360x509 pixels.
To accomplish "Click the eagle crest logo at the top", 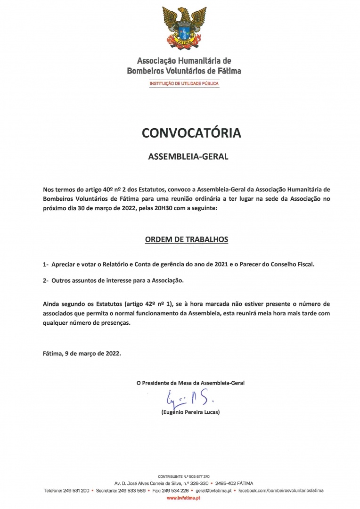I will click(184, 29).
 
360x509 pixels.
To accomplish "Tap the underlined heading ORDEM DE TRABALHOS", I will click(186, 239).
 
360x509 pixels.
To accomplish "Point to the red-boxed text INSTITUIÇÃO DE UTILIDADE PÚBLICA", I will click(184, 83).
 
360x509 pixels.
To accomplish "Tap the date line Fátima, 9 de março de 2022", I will click(82, 352).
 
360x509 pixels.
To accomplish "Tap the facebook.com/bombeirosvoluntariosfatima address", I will click(281, 491).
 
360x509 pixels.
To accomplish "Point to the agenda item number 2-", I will click(46, 280).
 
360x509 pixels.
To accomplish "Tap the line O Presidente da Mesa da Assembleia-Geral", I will click(190, 383).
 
